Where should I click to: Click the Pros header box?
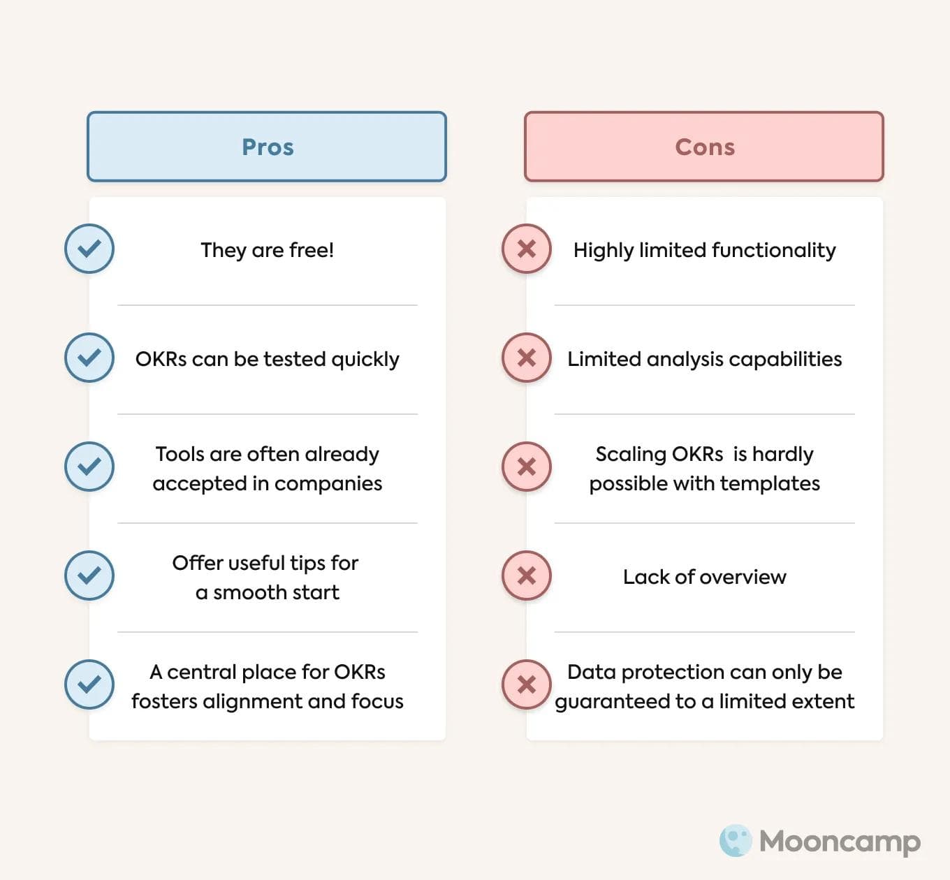point(267,147)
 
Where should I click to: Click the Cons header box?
point(704,147)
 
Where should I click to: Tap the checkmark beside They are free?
point(89,249)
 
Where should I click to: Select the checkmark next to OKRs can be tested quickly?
point(89,358)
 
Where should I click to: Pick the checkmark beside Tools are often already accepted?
point(89,467)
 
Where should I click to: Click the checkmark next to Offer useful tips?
point(89,575)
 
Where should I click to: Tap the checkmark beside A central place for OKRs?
point(89,684)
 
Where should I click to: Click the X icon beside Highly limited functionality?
point(527,249)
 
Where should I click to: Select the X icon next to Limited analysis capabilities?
point(527,358)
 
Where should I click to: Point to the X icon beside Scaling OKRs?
point(527,467)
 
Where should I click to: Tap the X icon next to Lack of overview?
point(527,575)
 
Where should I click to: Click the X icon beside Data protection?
point(527,684)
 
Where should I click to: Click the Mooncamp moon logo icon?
point(736,840)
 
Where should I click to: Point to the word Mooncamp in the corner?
point(840,842)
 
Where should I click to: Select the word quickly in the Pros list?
point(365,360)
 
